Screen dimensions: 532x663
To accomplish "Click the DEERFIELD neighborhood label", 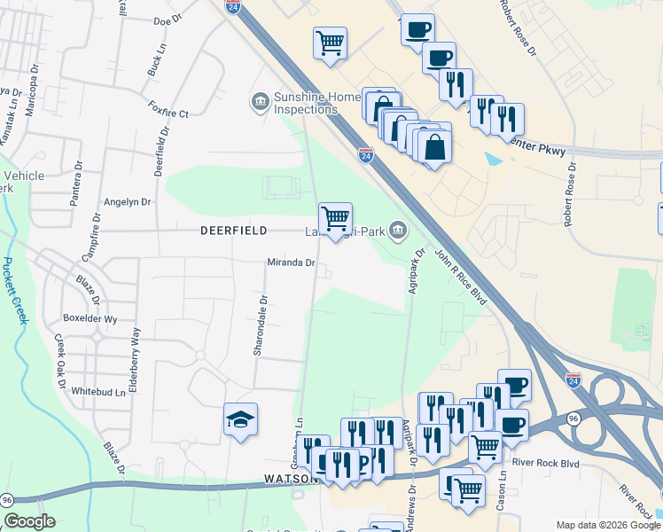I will click(234, 231).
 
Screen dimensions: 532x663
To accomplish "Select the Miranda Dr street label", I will click(292, 262).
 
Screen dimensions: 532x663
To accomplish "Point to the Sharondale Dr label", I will click(259, 325).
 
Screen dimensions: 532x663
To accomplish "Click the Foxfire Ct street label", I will click(169, 113).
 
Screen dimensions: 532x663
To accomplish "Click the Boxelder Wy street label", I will click(90, 318).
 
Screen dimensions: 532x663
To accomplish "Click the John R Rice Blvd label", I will click(461, 278).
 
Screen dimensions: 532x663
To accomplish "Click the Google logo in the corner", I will click(29, 521).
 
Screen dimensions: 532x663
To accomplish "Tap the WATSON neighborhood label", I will click(292, 479).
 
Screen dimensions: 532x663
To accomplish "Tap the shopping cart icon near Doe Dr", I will click(330, 43).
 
